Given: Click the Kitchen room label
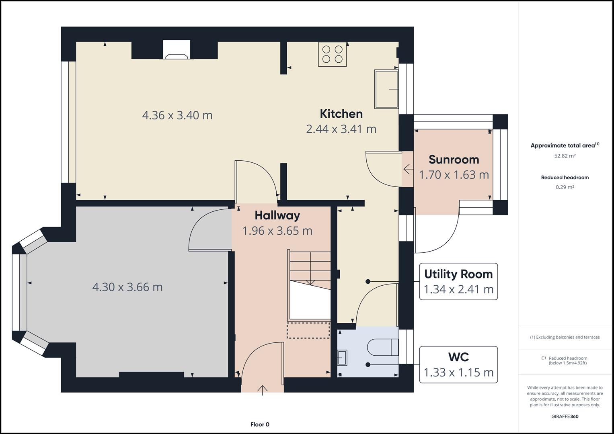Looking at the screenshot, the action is (x=341, y=114).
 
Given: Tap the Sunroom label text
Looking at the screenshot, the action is (x=454, y=160).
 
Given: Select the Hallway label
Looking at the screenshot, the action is (x=277, y=215).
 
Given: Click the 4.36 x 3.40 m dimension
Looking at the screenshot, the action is (x=177, y=115).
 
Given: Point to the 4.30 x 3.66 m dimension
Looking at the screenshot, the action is (x=127, y=287).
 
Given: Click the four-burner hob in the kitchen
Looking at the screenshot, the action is (x=332, y=54).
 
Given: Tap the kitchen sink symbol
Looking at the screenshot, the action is (x=386, y=89).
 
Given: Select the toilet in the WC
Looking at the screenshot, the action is (x=383, y=347).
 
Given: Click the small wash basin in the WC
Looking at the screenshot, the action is (x=342, y=358).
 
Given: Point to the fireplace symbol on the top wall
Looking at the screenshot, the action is (x=177, y=49).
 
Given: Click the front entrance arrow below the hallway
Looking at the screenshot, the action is (x=263, y=390).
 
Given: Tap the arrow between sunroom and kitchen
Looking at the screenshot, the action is (x=408, y=169).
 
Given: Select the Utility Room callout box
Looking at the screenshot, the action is (x=458, y=281).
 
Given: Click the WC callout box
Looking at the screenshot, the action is (x=458, y=364).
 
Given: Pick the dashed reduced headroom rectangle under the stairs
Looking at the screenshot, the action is (x=308, y=330).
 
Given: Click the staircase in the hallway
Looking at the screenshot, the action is (x=309, y=285).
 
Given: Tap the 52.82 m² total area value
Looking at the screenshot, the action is (x=565, y=156).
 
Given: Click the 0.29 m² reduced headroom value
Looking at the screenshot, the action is (x=565, y=187).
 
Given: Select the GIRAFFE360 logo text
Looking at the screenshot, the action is (x=565, y=416).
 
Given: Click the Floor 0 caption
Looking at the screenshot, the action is (x=260, y=424).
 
